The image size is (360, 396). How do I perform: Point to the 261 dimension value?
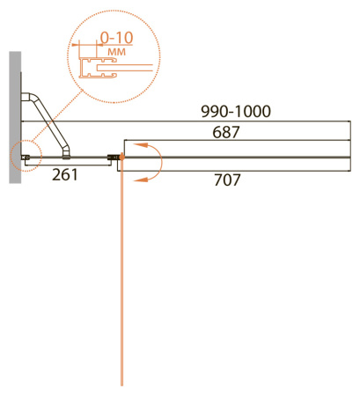pos(65,174)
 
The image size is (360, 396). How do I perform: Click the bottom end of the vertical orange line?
pos(121,384)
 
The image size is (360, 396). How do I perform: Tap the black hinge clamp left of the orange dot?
pos(112,158)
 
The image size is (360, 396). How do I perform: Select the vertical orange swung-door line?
pos(121,273)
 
